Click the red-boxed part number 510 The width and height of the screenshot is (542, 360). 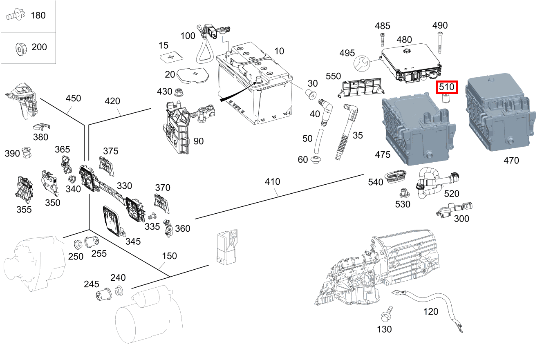(447, 87)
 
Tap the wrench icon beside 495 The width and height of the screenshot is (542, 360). (361, 63)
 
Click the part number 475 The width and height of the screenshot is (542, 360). (383, 154)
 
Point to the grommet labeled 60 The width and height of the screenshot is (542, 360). (316, 160)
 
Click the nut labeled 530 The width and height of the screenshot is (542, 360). (403, 192)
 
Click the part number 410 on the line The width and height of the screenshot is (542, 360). (272, 181)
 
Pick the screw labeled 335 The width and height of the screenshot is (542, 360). (153, 215)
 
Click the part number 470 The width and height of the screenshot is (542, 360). (511, 160)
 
